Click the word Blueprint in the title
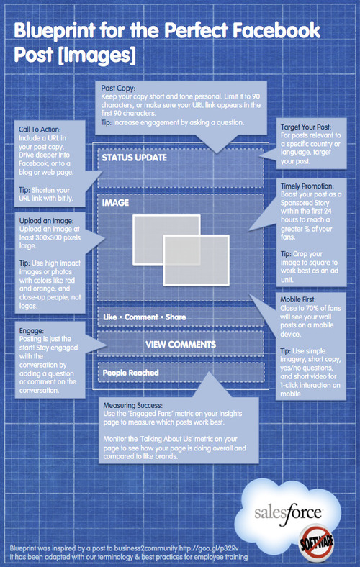pos(54,31)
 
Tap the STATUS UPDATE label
pos(134,158)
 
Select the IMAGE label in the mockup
pos(115,203)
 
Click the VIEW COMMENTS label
pos(181,344)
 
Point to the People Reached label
pos(130,373)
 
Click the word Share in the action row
pos(176,317)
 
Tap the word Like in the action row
pos(110,317)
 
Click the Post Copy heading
pos(118,88)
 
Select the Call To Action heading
pos(40,130)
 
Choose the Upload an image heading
pos(46,221)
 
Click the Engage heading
pos(32,331)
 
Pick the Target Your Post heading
pos(306,127)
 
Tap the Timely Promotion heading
pos(307,186)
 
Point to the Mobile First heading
pos(298,299)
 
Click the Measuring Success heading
pos(132,405)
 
